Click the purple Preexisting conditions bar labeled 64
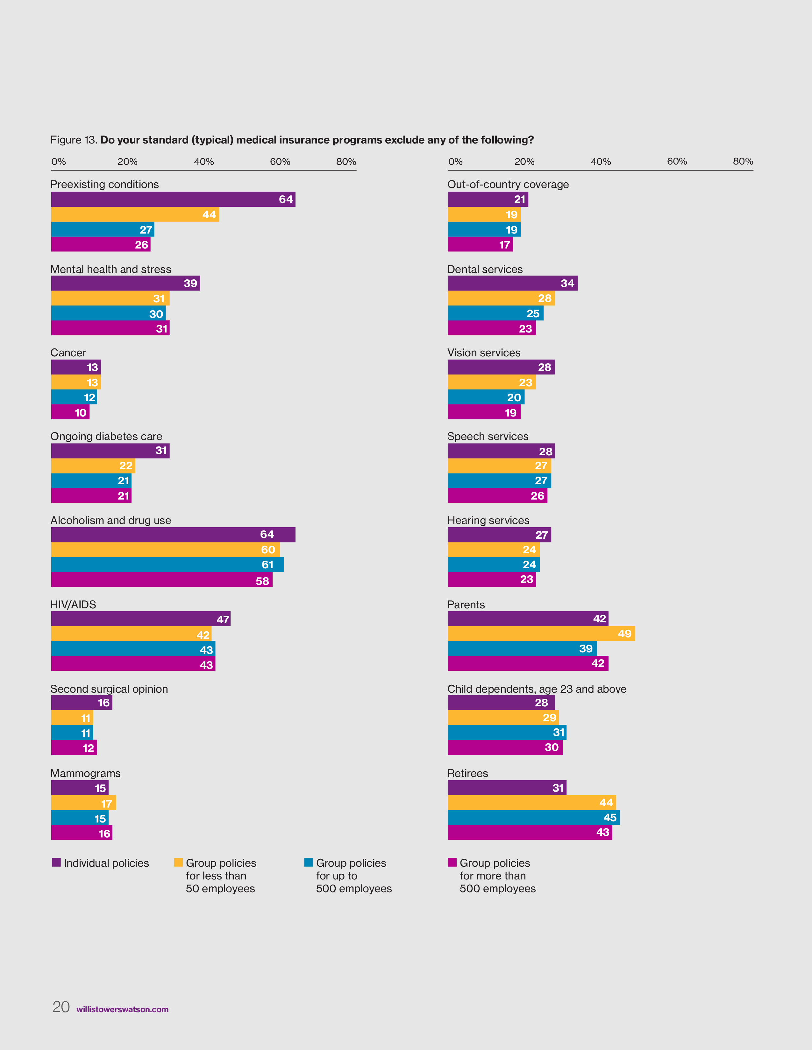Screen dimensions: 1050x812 coord(173,199)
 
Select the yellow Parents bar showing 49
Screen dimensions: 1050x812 coord(541,633)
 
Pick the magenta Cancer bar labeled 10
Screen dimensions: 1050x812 coord(70,412)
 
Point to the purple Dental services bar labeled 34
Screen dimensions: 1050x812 coord(513,283)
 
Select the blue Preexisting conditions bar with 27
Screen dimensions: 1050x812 coord(103,229)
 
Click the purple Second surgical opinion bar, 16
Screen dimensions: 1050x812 coord(82,703)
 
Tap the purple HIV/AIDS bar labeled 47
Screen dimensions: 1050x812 coord(140,619)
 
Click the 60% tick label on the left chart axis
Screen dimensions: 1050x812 coord(280,162)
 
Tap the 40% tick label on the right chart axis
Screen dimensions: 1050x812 coord(601,162)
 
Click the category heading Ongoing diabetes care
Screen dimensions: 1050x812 coord(106,437)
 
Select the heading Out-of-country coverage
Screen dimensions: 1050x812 coord(508,185)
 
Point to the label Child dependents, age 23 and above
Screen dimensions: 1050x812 coord(537,689)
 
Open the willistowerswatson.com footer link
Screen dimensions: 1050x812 coord(122,1010)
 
